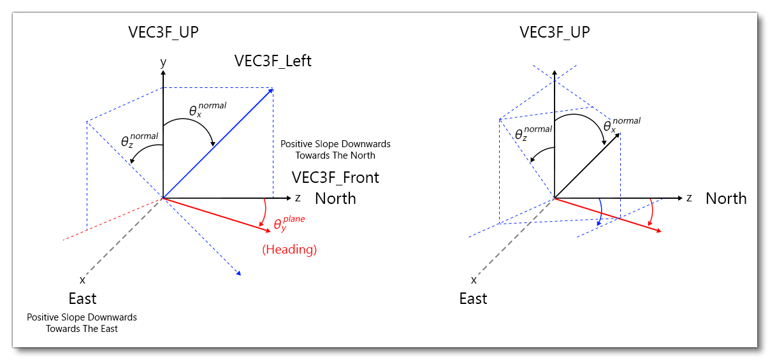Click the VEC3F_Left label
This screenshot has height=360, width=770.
(x=273, y=61)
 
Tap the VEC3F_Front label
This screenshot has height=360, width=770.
(x=335, y=178)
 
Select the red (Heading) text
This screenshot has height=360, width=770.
(x=289, y=250)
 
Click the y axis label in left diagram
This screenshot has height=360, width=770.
(x=163, y=62)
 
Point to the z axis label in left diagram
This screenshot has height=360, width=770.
(x=297, y=198)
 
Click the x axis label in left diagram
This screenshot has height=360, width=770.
(x=82, y=280)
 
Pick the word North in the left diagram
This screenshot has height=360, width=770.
(x=335, y=198)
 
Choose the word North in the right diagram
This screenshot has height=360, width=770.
(x=725, y=198)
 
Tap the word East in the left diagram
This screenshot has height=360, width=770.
(x=82, y=299)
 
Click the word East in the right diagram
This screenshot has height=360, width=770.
(x=473, y=299)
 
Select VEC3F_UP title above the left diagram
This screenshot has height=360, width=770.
(x=163, y=32)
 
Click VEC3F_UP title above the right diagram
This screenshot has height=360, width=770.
(x=555, y=32)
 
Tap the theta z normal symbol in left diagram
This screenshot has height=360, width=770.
(x=138, y=140)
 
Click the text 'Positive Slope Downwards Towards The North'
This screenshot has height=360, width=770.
(x=335, y=150)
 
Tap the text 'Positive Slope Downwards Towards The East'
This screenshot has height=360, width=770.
(x=82, y=323)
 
